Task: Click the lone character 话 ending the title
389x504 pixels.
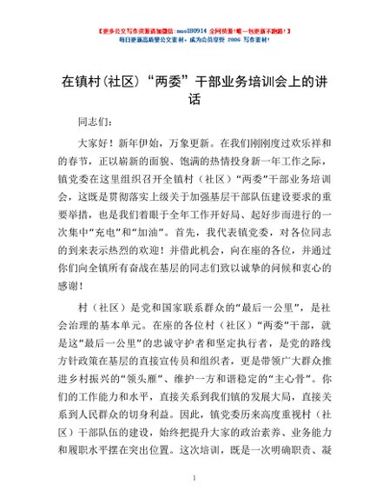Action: click(194, 100)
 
